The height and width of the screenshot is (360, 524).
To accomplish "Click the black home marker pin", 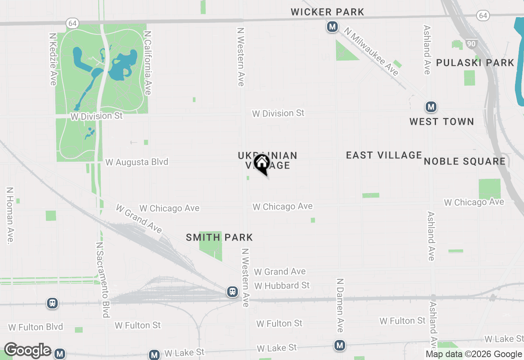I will click(262, 164).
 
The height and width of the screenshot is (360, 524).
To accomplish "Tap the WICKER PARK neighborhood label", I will click(327, 12).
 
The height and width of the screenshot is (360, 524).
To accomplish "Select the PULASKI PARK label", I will click(475, 63).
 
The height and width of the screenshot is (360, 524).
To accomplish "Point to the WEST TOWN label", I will click(442, 122).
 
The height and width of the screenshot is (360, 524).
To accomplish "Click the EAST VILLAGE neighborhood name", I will click(384, 155).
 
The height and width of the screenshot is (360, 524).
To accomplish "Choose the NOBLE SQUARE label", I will click(465, 161).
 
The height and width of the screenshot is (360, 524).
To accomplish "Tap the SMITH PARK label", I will click(219, 237).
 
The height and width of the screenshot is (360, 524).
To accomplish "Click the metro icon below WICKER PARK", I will click(332, 27).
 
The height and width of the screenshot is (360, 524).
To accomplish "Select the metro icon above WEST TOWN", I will click(430, 107).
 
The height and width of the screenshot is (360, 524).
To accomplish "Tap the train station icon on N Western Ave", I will click(233, 292).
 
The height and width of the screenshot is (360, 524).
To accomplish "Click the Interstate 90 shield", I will click(471, 43).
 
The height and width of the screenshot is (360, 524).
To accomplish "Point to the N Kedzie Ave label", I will click(53, 59).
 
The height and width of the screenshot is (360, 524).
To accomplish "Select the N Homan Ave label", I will click(9, 216).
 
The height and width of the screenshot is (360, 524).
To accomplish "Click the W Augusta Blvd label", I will click(137, 162).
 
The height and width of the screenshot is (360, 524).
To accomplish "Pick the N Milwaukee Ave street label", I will click(371, 52).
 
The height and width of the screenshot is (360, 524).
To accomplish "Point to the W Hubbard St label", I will click(282, 285).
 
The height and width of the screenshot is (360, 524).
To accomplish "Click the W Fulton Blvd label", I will click(36, 327).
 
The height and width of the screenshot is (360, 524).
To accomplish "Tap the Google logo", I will click(27, 351).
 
